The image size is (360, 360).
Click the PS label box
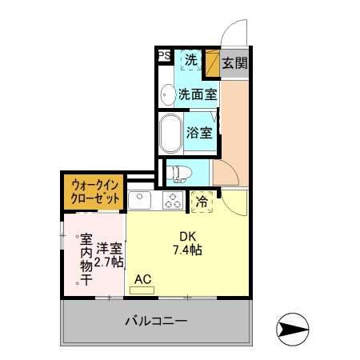point(163,55)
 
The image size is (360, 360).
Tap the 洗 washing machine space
point(191,59)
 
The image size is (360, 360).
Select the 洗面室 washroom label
point(196,94)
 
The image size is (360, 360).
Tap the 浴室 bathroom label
point(200,133)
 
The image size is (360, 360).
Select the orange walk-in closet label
point(94,193)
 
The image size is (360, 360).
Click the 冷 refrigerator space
point(203,202)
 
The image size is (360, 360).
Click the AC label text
point(143,278)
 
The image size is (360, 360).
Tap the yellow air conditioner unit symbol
point(142,290)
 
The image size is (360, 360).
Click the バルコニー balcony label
point(156,322)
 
